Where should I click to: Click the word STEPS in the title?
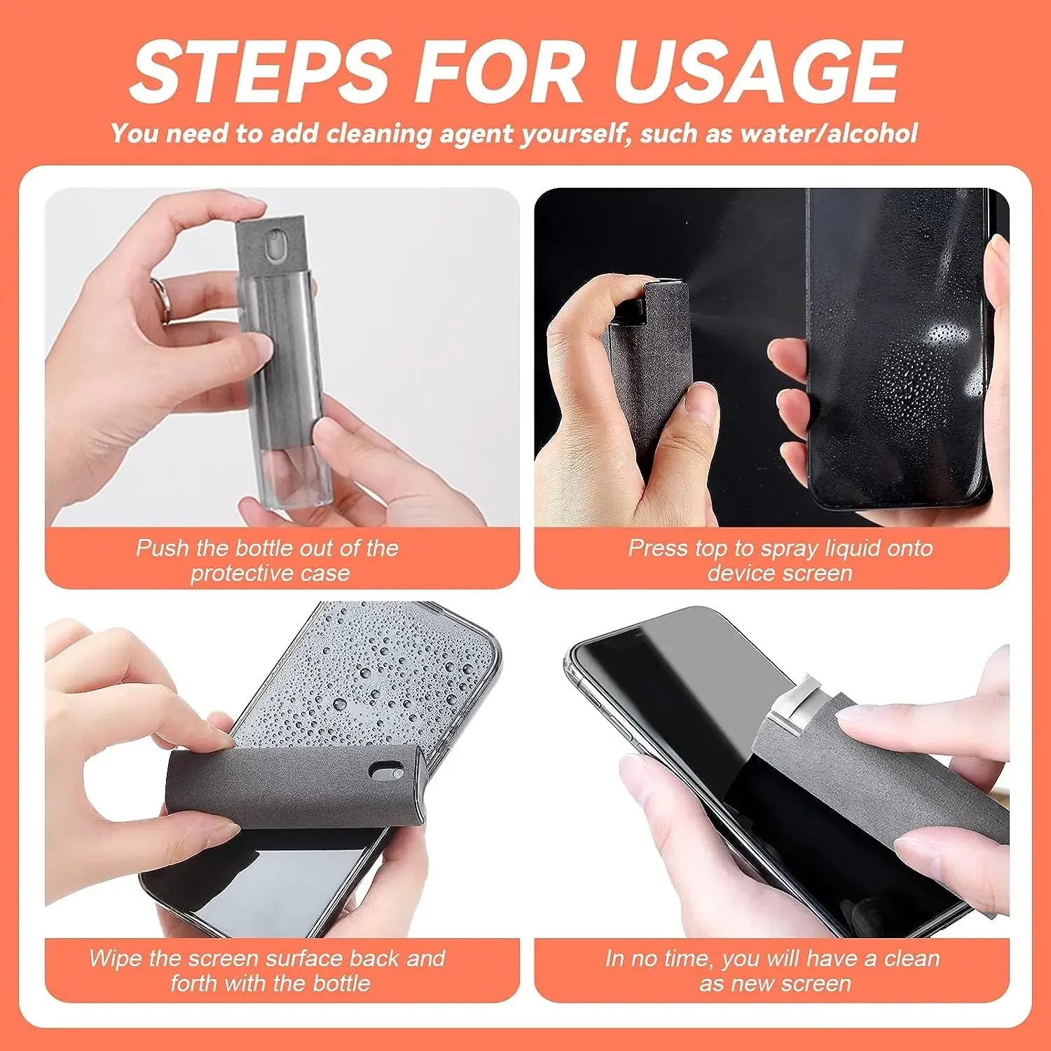[260, 72]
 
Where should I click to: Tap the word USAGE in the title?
[757, 72]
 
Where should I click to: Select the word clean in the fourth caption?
[912, 959]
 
